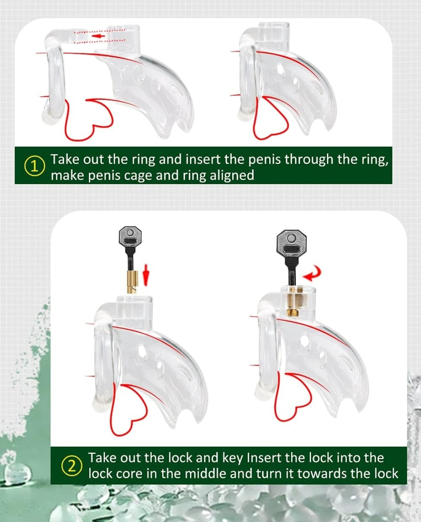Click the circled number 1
click(x=35, y=167)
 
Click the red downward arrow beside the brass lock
click(x=146, y=279)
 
